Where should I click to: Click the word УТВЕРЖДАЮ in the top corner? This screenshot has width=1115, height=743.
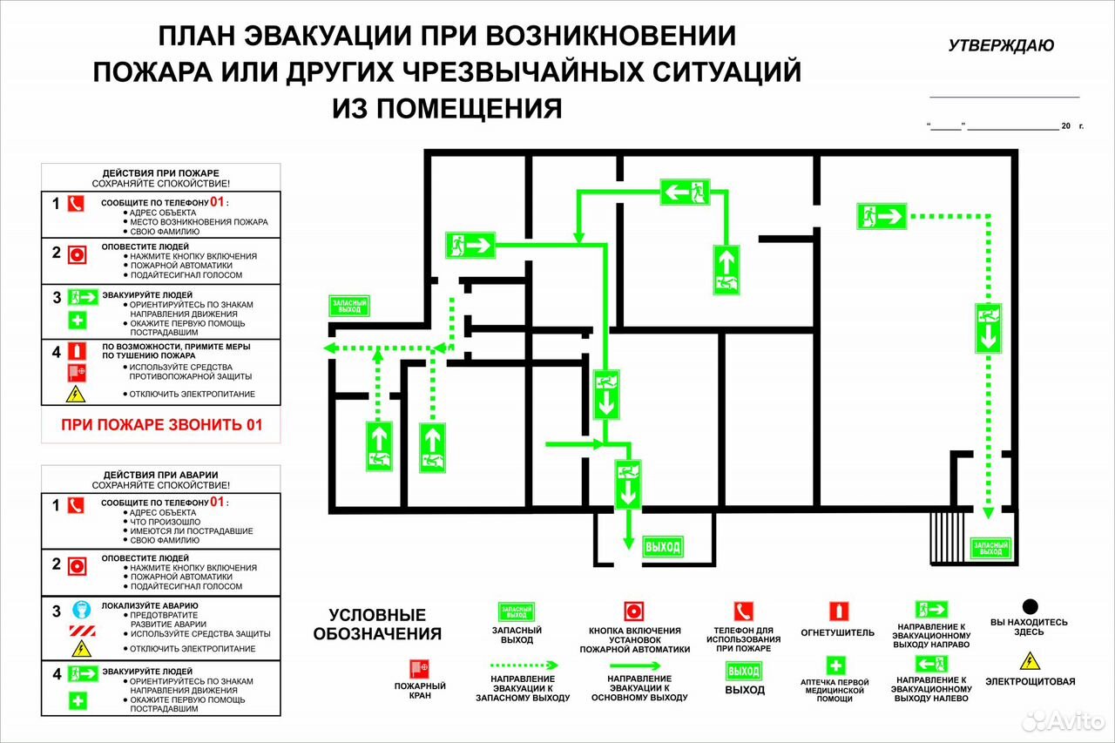click(1001, 46)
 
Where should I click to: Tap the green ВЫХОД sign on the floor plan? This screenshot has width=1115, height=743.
click(663, 547)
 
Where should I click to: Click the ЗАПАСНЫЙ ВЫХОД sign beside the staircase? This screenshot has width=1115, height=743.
click(990, 549)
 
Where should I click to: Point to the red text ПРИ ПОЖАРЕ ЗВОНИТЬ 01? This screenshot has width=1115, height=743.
click(162, 424)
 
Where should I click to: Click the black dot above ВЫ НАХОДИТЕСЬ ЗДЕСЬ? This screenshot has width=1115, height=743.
click(1030, 606)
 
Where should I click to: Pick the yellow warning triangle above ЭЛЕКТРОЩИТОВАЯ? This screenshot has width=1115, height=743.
click(1030, 661)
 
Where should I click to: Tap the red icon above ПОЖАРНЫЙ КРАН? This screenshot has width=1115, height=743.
click(420, 669)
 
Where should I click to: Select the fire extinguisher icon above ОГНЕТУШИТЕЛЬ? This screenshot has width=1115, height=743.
click(839, 611)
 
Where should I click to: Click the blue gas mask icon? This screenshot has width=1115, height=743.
click(82, 609)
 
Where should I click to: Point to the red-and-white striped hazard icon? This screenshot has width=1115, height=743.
click(82, 631)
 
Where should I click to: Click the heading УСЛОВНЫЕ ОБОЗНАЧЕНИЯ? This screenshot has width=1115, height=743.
click(377, 624)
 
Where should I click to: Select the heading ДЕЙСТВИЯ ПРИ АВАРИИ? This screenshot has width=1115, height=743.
click(161, 475)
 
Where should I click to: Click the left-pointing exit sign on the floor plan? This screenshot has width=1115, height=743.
click(685, 192)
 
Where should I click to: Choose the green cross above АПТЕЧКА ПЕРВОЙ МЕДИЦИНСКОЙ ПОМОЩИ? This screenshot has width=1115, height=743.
click(835, 665)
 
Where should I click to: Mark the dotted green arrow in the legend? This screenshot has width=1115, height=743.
click(524, 665)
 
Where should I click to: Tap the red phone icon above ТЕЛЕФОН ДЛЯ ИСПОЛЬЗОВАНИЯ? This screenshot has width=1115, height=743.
click(744, 611)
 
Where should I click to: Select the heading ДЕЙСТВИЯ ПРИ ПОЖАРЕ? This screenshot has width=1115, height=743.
click(161, 173)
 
